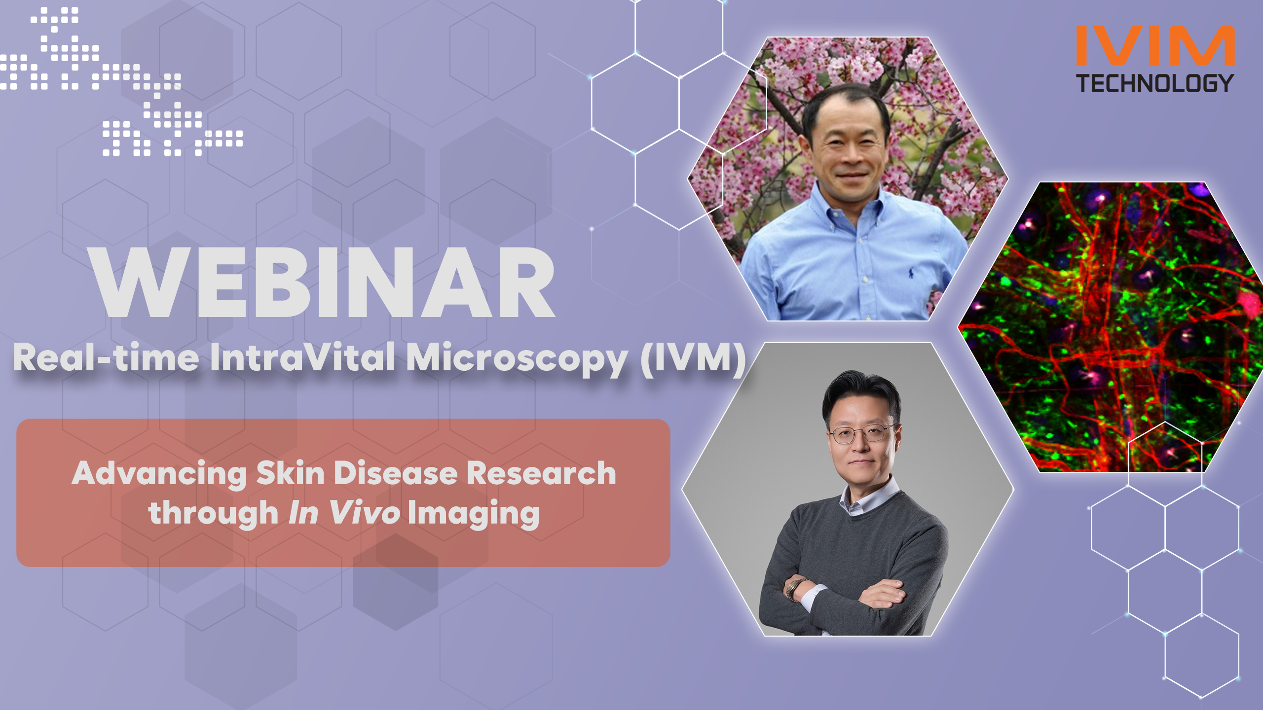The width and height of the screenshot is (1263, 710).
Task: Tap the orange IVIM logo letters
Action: pyautogui.click(x=1155, y=45)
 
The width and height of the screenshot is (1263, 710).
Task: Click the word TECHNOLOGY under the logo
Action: pyautogui.click(x=1155, y=83)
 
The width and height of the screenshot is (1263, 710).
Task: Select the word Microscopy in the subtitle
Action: pyautogui.click(x=517, y=359)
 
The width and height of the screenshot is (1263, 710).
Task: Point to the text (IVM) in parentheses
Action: pyautogui.click(x=693, y=358)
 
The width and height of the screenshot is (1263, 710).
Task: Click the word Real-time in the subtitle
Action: pyautogui.click(x=106, y=357)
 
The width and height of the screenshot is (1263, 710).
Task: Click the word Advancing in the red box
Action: pyautogui.click(x=159, y=475)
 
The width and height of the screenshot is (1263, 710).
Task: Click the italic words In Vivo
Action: pyautogui.click(x=344, y=513)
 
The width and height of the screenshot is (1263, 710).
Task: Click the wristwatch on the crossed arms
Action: pyautogui.click(x=793, y=588)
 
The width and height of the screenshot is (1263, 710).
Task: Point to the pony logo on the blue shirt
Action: pyautogui.click(x=911, y=272)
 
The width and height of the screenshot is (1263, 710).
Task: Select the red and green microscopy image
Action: pyautogui.click(x=1110, y=327)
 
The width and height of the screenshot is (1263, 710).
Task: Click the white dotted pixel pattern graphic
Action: pyautogui.click(x=121, y=81)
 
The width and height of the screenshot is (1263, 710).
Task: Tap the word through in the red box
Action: pyautogui.click(x=214, y=513)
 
